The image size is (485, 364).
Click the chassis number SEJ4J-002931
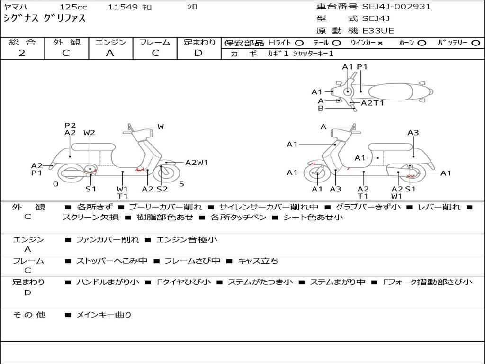coord(396,7)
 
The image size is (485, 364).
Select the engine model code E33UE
coord(378,31)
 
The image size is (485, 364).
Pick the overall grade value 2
coord(22,53)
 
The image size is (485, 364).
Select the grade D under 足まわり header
coord(198,53)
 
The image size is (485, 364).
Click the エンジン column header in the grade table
coord(110,42)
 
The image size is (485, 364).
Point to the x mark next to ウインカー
coord(380,43)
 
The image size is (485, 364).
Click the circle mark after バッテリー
coord(476,43)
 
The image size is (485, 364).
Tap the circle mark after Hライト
coord(299,43)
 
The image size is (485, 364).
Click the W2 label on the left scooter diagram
coord(89,133)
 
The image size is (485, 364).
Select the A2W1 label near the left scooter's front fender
coord(197,163)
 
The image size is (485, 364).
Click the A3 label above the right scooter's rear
coord(413,133)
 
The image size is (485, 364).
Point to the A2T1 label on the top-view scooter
coord(372,103)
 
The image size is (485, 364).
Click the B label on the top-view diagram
coord(321,108)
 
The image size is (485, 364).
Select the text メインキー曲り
coord(104,315)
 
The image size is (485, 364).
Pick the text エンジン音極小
coord(187,240)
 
